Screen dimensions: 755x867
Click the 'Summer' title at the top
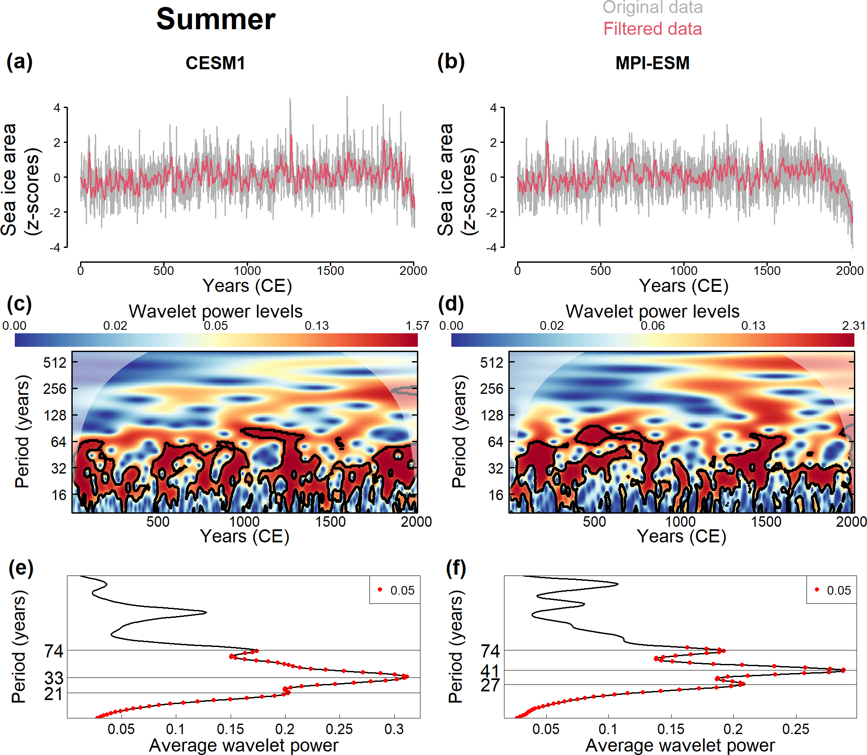tap(216, 20)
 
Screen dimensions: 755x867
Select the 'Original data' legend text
tap(652, 7)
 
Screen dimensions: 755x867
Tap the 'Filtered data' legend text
tap(652, 29)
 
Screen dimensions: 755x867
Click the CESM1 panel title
tap(215, 63)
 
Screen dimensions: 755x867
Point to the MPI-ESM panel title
tap(652, 63)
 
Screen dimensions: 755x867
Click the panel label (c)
tap(19, 304)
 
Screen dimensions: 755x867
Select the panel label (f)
tap(456, 568)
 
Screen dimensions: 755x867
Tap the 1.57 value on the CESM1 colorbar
tap(417, 325)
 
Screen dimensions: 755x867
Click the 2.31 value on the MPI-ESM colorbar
tap(853, 325)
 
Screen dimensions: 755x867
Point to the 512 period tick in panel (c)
tap(55, 362)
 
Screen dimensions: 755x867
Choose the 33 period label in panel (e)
tap(54, 678)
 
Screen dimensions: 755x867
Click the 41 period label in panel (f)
tap(491, 671)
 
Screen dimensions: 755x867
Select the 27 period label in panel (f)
tap(491, 685)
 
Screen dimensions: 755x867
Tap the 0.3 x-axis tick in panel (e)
tap(394, 729)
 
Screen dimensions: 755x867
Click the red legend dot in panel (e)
tap(380, 589)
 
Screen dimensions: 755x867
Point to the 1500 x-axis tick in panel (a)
tap(330, 271)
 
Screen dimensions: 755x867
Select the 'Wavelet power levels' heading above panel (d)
tap(652, 311)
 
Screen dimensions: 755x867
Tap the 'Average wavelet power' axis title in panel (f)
tap(680, 745)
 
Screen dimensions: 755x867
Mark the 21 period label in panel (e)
tap(54, 694)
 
